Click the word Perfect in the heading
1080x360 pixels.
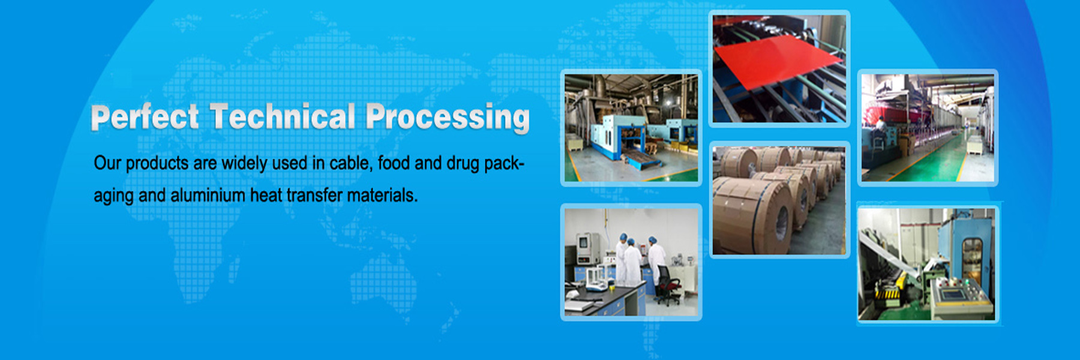pos(145,117)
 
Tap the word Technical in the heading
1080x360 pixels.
pos(283,117)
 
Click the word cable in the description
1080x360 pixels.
pos(352,163)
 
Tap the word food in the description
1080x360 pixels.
pos(394,163)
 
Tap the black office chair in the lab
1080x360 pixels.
pos(668,287)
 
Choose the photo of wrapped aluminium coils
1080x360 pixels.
pos(779,200)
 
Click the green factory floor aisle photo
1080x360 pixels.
pos(928,128)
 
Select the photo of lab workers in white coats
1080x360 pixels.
pos(631,262)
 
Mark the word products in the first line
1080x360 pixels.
pos(157,164)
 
